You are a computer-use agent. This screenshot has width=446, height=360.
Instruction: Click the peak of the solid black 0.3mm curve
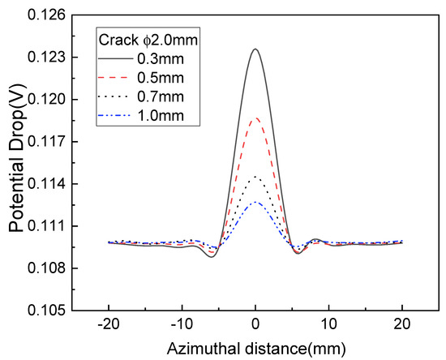tap(255, 49)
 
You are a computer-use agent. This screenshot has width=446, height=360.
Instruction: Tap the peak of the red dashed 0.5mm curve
tap(255, 118)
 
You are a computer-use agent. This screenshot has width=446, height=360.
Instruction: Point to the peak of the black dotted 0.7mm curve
tap(255, 177)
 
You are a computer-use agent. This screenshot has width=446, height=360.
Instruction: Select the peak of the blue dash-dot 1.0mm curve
tap(255, 202)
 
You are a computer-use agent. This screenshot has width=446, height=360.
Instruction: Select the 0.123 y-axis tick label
tap(53, 58)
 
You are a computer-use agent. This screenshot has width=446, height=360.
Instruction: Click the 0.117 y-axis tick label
tap(53, 142)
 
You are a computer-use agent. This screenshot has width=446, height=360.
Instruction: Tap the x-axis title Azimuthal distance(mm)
tap(255, 347)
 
